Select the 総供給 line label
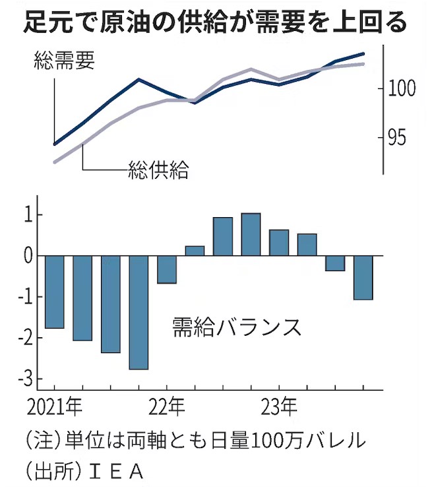(159, 172)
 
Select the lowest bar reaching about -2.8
(139, 312)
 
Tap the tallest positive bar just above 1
(251, 234)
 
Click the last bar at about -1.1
(363, 277)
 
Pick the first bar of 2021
(54, 292)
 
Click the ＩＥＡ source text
(119, 472)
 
